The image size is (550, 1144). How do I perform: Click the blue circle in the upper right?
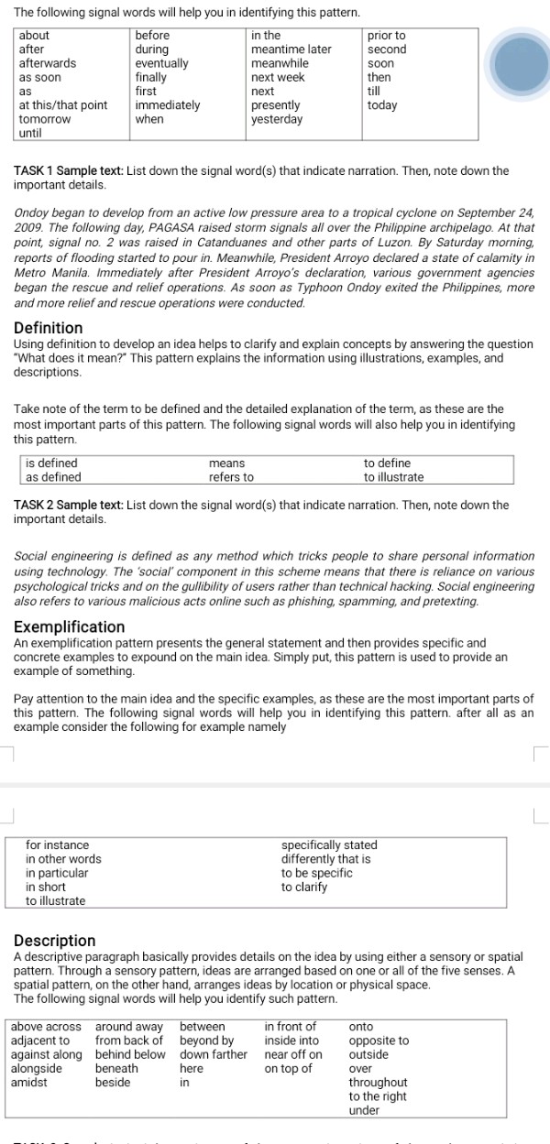tap(518, 64)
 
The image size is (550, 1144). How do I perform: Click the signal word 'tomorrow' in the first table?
tap(45, 119)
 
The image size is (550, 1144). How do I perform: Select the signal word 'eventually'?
tap(161, 63)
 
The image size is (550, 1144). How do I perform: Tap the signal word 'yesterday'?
tap(277, 119)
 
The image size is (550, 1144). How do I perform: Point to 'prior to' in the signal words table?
tap(386, 36)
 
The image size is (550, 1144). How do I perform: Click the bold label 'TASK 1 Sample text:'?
tap(69, 171)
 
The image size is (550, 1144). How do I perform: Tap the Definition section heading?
tap(49, 328)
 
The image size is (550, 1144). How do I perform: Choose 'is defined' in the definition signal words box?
tap(51, 463)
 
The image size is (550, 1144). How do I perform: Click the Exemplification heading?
tap(70, 627)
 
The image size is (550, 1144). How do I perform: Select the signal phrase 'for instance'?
tap(58, 845)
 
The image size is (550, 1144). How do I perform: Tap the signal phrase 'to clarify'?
tap(304, 888)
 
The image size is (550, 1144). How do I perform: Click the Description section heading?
tap(55, 941)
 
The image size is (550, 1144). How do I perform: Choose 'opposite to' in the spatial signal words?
tap(379, 1040)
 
